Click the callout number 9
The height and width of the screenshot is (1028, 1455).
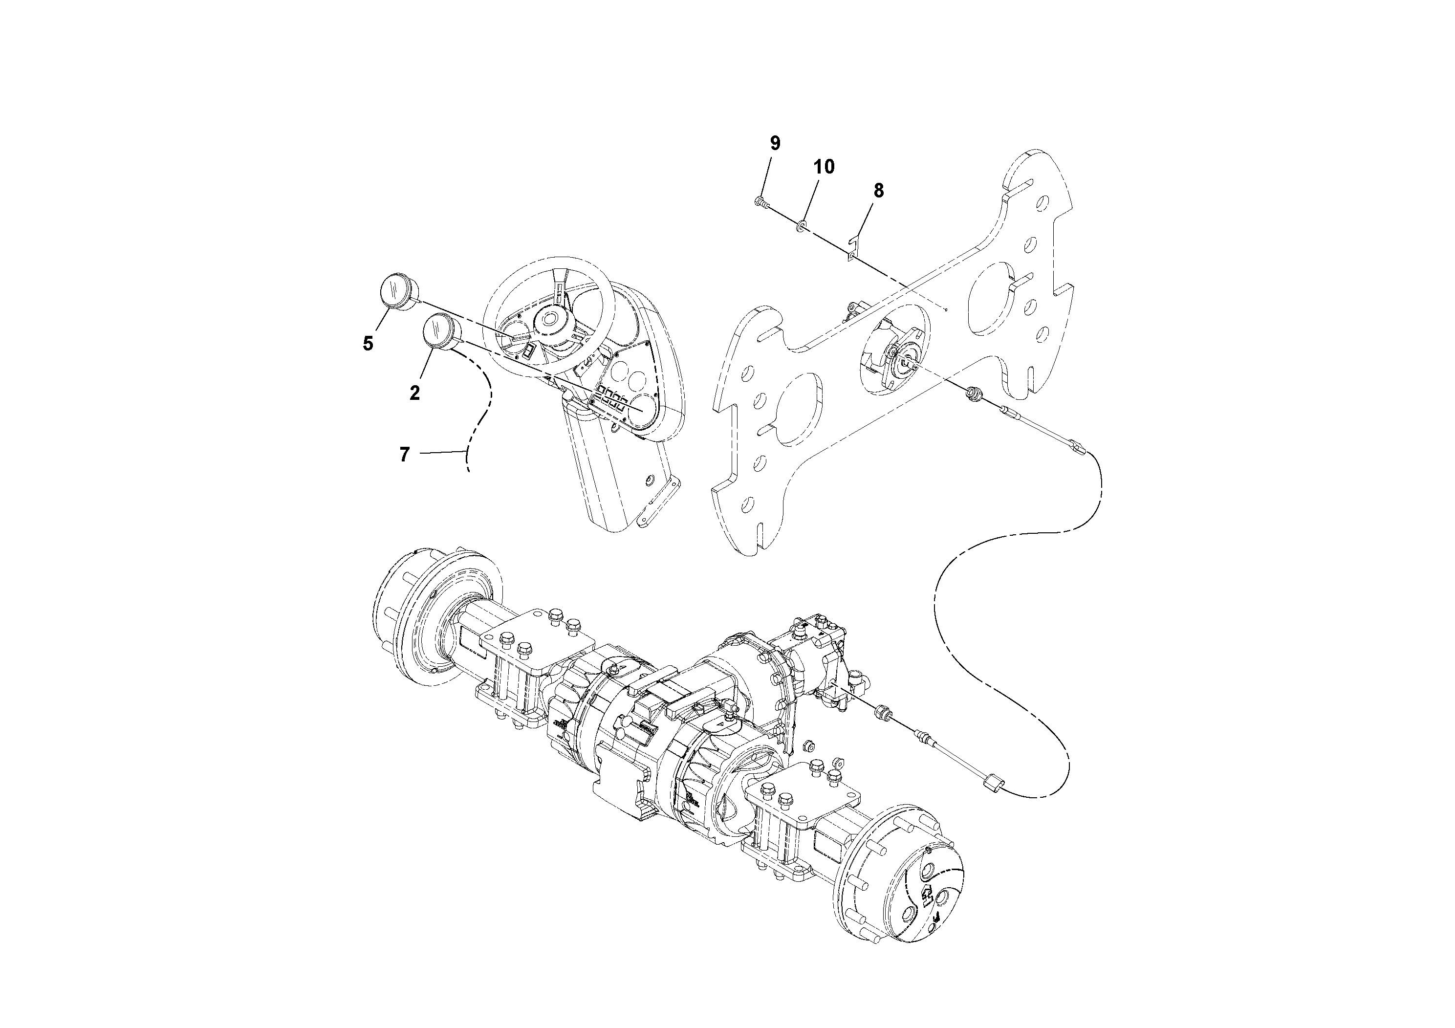775,143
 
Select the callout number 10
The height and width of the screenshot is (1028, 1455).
824,167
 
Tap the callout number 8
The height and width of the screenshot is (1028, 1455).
878,191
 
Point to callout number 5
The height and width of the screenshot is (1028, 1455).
368,344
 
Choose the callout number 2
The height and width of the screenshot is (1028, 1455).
414,393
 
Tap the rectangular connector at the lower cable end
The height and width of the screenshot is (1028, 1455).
991,800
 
